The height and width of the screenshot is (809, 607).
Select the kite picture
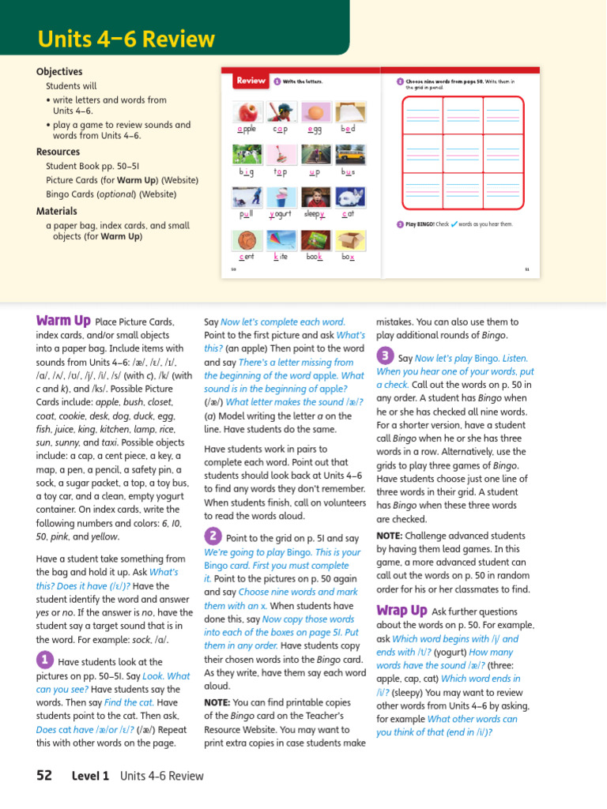point(281,240)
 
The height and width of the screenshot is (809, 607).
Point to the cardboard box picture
point(349,240)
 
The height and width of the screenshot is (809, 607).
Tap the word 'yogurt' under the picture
point(281,214)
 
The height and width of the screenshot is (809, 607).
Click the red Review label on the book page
point(251,81)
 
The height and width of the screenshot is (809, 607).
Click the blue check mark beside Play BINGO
point(454,224)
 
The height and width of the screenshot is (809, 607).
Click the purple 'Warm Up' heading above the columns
point(63,321)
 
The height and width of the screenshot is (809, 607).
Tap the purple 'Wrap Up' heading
point(402,610)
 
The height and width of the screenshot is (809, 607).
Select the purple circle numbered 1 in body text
point(44,660)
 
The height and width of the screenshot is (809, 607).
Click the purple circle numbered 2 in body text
point(212,536)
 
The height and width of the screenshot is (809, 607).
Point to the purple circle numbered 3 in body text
point(384,356)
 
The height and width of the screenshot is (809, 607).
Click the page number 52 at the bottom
point(44,775)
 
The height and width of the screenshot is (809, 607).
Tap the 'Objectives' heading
point(59,71)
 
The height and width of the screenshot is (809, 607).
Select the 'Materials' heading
point(57,211)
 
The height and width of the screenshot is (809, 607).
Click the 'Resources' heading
point(58,152)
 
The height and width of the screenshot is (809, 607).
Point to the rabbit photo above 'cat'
point(349,197)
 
